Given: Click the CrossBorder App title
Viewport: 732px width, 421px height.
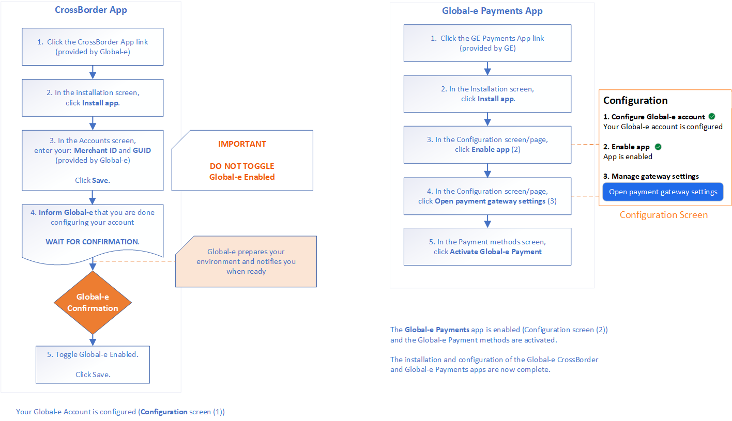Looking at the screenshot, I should [91, 10].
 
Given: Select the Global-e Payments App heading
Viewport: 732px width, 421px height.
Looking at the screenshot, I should [492, 11].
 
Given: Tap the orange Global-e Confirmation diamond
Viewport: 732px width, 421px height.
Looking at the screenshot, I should [93, 303].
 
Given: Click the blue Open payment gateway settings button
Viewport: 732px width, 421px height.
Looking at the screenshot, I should [663, 192].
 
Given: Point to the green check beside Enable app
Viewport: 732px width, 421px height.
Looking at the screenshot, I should [658, 147].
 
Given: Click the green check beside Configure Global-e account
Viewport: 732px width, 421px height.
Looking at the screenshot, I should [712, 117].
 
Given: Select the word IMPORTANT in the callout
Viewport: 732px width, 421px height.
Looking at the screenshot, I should [242, 144].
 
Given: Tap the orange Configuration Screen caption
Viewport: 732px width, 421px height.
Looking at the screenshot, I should [663, 215].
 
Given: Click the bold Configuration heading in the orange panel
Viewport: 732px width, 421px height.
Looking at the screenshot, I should [635, 100].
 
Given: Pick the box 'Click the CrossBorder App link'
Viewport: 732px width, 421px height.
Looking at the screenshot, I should [93, 46].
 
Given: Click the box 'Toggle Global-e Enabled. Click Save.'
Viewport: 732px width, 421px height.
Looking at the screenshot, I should [93, 364].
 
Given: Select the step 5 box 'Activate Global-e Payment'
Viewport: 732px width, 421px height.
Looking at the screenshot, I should [487, 246].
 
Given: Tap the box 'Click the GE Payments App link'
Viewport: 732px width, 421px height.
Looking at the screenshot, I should [487, 43].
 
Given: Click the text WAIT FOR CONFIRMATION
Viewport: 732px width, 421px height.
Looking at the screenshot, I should [93, 242].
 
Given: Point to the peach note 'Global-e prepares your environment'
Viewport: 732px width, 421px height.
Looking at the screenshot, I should [246, 261].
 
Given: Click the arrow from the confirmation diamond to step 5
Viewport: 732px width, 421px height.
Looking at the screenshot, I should [93, 339].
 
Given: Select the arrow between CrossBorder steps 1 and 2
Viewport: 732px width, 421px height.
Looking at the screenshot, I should [93, 72].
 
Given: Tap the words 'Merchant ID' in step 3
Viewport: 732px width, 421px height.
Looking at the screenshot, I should [95, 150].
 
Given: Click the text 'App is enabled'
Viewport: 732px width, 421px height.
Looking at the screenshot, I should [628, 157].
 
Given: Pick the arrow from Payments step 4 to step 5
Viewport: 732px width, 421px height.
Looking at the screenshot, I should [487, 221].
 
